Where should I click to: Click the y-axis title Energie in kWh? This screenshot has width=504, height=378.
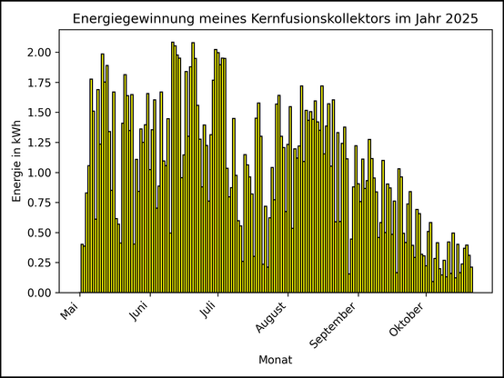click(17, 161)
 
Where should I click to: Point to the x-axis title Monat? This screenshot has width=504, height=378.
click(275, 360)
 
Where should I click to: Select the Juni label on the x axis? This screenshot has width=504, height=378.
click(139, 313)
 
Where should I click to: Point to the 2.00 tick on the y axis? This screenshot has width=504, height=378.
click(40, 53)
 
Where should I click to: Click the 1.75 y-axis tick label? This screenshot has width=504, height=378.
click(40, 83)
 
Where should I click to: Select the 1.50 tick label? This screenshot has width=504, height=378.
click(40, 113)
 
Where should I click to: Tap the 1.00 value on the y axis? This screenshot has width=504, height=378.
click(40, 173)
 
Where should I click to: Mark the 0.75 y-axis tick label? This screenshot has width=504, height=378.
click(40, 203)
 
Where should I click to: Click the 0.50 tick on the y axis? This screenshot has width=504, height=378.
click(40, 233)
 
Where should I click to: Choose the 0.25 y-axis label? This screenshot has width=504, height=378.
click(40, 263)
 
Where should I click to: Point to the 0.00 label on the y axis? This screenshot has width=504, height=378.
click(40, 293)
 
